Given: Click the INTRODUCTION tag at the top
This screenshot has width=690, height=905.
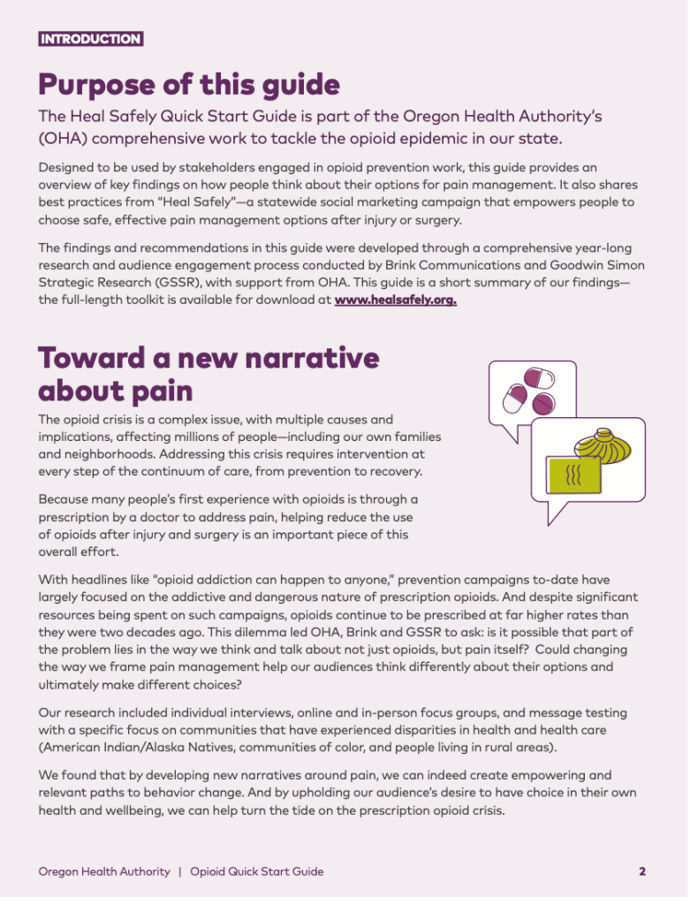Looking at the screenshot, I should (90, 39).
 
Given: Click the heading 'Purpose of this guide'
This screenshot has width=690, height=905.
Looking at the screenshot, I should (188, 85).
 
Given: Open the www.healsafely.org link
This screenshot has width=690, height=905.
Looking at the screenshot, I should (395, 300).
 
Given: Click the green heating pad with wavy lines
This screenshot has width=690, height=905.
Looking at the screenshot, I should (573, 476).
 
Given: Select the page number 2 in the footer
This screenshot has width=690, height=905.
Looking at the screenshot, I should (642, 871).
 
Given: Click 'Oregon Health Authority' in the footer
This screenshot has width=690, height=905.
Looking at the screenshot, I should (104, 871).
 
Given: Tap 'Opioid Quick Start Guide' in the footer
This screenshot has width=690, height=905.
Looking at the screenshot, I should (256, 871).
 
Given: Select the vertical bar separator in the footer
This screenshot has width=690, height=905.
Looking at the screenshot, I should (180, 871).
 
